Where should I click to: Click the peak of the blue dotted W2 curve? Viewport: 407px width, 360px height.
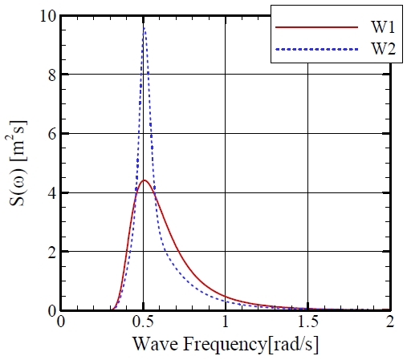click(x=144, y=28)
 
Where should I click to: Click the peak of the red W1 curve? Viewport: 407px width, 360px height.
click(x=144, y=180)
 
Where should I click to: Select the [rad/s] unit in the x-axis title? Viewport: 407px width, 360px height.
click(x=291, y=345)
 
